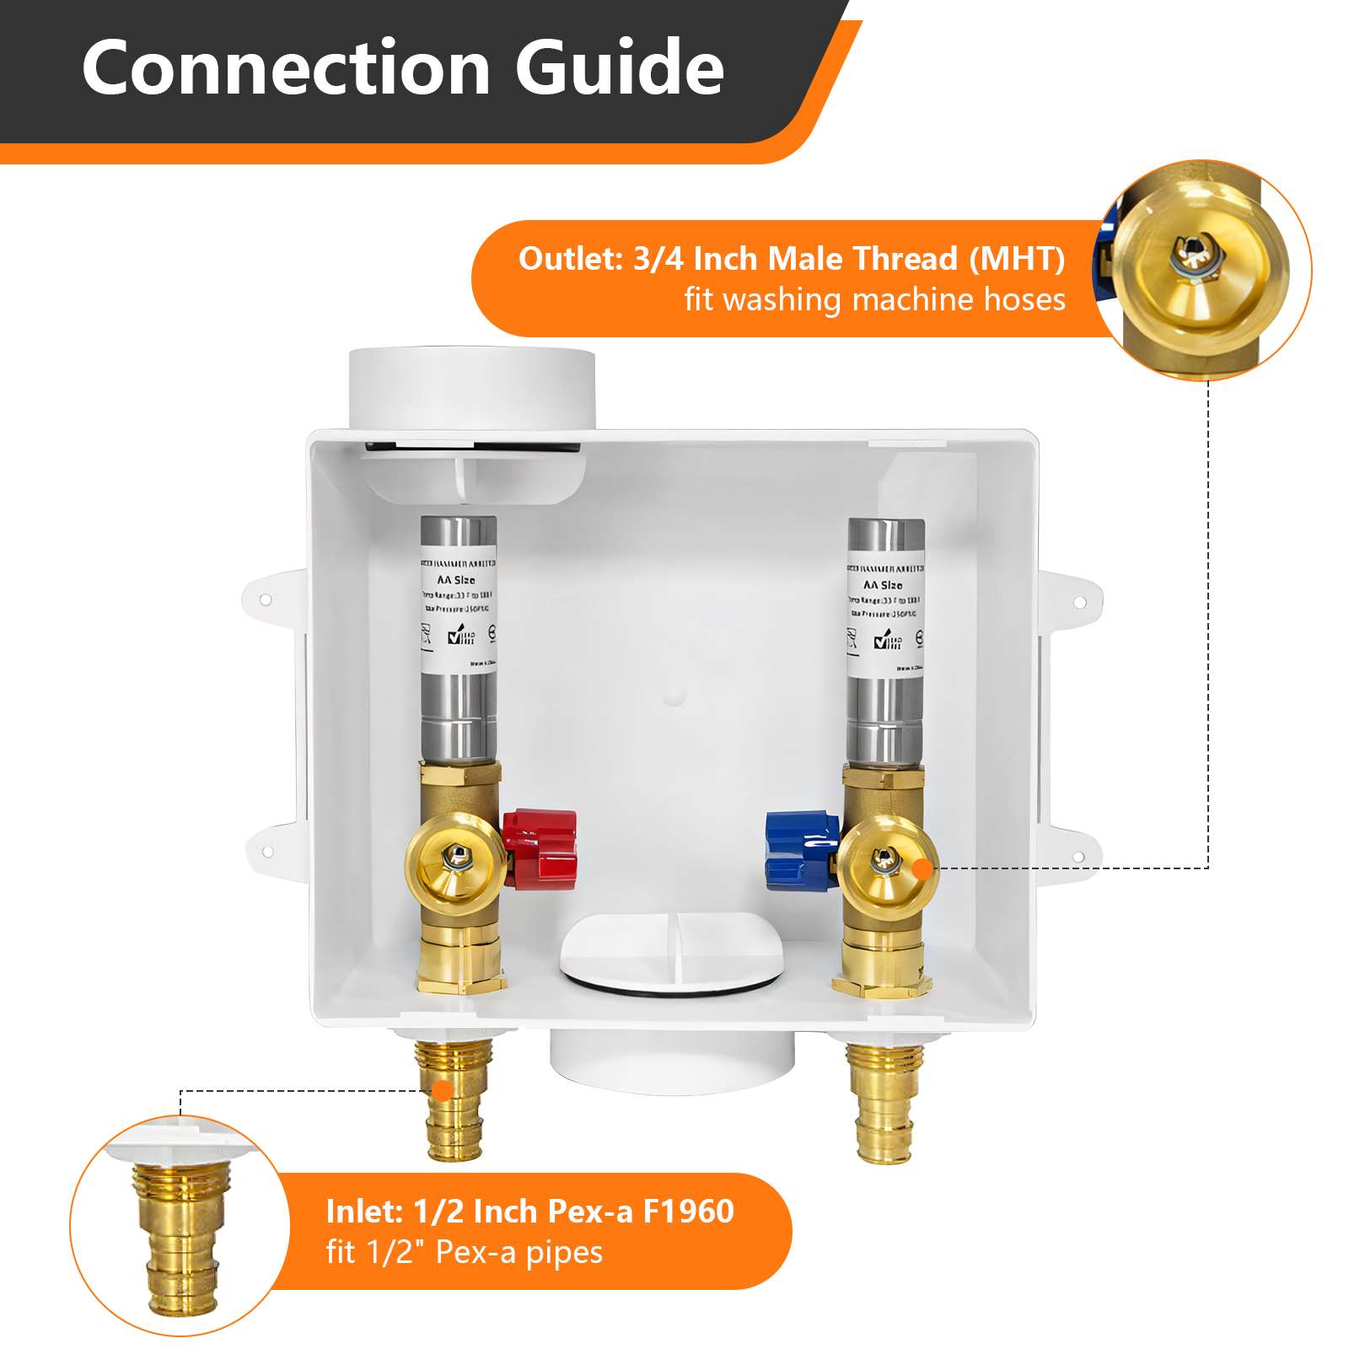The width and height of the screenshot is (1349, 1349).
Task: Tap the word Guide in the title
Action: coord(620,67)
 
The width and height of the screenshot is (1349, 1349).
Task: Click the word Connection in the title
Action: coord(287,67)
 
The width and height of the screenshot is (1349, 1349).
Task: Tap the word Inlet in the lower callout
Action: coord(364,1212)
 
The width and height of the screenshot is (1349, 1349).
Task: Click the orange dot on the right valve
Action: coord(924,868)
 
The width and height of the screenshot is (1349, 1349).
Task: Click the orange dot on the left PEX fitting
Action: coord(442,1091)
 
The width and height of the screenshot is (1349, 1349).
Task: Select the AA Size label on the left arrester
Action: coord(456,580)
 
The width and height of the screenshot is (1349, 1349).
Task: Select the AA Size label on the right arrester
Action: coord(883,584)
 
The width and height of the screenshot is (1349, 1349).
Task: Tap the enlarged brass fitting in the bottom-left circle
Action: coord(177,1239)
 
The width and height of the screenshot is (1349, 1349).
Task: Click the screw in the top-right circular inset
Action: coord(1191,254)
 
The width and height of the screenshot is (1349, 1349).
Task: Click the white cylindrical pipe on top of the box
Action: coord(472,388)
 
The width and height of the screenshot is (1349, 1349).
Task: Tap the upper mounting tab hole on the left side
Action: coord(265,599)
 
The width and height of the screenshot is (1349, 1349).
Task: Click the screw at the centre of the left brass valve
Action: coord(456,859)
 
